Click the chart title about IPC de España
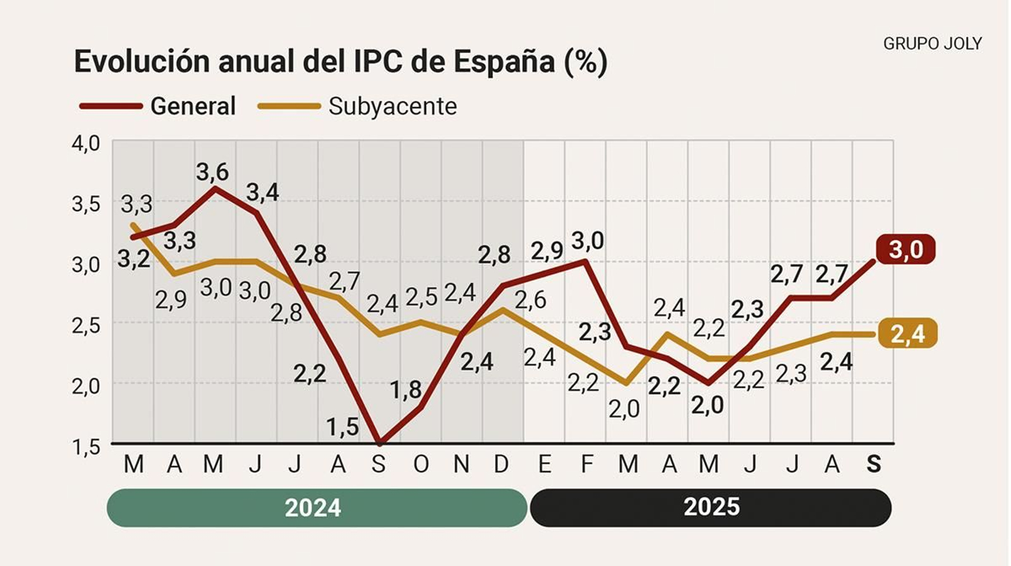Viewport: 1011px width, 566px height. coord(341,62)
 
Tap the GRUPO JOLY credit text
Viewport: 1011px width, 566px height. coord(932,44)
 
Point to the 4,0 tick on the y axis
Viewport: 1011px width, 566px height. coord(86,143)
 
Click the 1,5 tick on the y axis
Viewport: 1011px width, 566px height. coord(86,447)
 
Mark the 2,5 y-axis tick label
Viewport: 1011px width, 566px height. coord(86,325)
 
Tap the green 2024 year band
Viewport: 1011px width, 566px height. coord(316,507)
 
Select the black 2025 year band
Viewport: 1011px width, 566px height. coord(711,507)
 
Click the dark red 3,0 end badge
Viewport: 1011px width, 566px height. coord(905,250)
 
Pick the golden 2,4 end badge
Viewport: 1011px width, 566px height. coord(907,334)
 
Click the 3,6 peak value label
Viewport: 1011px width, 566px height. coord(212,172)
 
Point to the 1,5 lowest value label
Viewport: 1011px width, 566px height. coord(342,427)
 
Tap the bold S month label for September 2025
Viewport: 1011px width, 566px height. coord(873,464)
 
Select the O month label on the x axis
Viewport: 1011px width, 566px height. coord(421,464)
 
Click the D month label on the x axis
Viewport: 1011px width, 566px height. coord(501,464)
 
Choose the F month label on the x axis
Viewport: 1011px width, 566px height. coord(587,464)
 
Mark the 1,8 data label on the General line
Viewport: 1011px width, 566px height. coord(406,390)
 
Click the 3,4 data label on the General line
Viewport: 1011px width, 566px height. coord(262,192)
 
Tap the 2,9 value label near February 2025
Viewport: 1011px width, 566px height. coord(547,251)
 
